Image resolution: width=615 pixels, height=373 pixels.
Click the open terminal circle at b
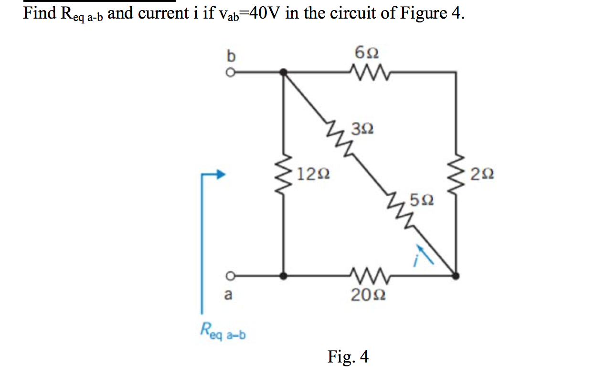(x=230, y=73)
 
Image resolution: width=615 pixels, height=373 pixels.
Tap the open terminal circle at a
(x=230, y=276)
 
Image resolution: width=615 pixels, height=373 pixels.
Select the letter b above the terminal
(x=231, y=56)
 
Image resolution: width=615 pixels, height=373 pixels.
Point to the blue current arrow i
(x=425, y=254)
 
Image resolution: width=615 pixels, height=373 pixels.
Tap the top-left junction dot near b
(x=284, y=73)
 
